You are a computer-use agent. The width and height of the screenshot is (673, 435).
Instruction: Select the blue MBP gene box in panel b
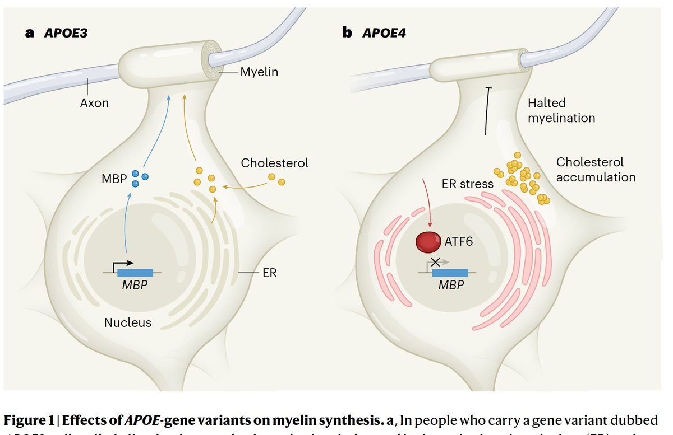point(450,273)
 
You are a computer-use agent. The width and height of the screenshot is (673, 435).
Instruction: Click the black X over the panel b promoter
point(435,261)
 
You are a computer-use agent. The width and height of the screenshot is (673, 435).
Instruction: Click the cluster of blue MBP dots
point(140,177)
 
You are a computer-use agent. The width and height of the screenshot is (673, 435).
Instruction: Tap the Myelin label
point(259,72)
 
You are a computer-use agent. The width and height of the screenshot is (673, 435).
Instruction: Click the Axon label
point(94,103)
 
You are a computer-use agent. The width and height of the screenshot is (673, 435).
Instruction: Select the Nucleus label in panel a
point(128,322)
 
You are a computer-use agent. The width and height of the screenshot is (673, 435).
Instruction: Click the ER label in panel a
point(269,273)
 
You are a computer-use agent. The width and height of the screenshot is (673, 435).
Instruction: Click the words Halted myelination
point(561,110)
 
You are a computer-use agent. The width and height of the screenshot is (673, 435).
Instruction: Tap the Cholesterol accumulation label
point(596,170)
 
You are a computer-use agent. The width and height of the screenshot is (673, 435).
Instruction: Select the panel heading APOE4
point(384,32)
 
